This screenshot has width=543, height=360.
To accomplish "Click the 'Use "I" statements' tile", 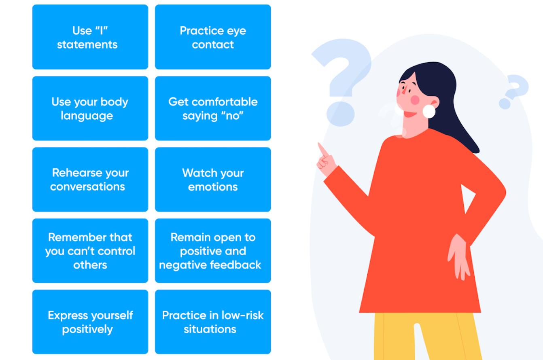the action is tap(90, 37).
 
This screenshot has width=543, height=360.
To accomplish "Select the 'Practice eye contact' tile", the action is tap(213, 37).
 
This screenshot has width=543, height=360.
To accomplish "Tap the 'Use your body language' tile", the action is tap(90, 108).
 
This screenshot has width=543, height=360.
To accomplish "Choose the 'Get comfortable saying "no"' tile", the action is tap(213, 108).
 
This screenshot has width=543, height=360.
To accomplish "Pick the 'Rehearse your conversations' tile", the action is tap(90, 180).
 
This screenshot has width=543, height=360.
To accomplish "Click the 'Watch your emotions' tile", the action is tap(213, 180).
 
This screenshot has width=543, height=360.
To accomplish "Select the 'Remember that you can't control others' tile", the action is tap(90, 251).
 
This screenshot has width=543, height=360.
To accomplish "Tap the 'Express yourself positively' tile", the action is tap(90, 322).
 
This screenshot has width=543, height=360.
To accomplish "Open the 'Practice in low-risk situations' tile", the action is tap(213, 322).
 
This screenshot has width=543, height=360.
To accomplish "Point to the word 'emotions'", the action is tap(213, 187).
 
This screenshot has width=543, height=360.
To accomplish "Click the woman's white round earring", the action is tap(429, 112).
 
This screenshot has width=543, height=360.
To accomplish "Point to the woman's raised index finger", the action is tap(323, 149).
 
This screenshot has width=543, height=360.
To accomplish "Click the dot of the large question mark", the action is tap(340, 114).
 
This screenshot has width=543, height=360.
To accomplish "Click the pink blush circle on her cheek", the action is tap(415, 100).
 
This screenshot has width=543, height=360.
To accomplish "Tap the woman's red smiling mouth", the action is tap(410, 114).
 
